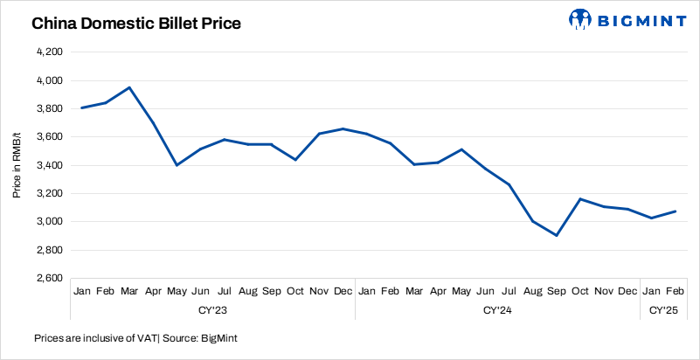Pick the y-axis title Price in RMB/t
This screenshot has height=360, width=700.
point(17,165)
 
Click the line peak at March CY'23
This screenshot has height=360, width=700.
point(129,87)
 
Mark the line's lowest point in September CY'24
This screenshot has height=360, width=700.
point(556,235)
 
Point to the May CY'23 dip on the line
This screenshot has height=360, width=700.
point(177,165)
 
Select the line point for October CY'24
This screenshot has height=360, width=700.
point(579,198)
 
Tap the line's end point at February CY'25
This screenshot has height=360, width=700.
point(675,211)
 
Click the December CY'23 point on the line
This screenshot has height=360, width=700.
point(343,128)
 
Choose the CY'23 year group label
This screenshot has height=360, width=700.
point(212,309)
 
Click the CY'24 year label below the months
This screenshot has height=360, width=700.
point(497,309)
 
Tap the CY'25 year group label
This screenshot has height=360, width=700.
point(662,309)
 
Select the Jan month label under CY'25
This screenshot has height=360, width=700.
point(651,290)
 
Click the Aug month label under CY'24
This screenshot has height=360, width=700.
point(532,290)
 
